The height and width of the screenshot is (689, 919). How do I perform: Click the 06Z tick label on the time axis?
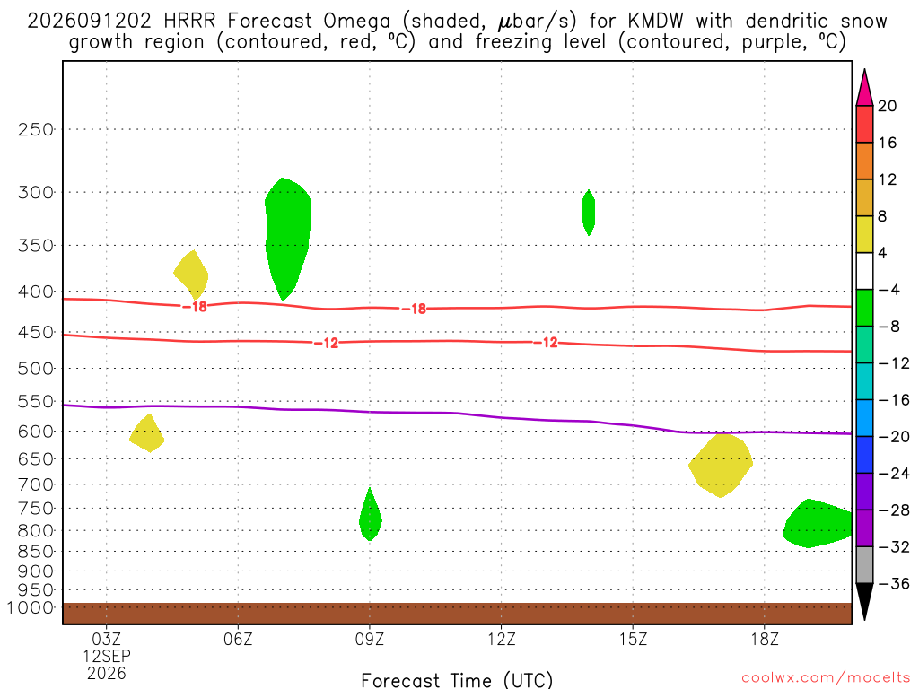pyautogui.click(x=238, y=639)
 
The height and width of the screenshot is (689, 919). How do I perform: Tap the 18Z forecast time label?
pyautogui.click(x=765, y=639)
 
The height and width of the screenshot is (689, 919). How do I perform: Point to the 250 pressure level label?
pyautogui.click(x=36, y=129)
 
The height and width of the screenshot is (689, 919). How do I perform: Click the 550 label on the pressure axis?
pyautogui.click(x=36, y=401)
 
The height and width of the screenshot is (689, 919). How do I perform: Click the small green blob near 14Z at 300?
pyautogui.click(x=589, y=212)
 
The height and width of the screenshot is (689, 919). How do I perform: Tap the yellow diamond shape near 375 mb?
pyautogui.click(x=192, y=275)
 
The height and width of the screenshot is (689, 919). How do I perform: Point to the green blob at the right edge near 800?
pyautogui.click(x=817, y=524)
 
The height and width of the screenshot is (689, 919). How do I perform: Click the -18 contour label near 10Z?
pyautogui.click(x=415, y=309)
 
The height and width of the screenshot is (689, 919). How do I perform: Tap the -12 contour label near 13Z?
pyautogui.click(x=547, y=343)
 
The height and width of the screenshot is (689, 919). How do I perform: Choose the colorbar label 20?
pyautogui.click(x=888, y=106)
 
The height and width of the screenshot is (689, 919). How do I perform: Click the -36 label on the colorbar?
pyautogui.click(x=894, y=583)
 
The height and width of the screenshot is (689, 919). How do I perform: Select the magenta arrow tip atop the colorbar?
pyautogui.click(x=864, y=70)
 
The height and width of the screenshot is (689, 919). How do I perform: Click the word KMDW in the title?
pyautogui.click(x=655, y=22)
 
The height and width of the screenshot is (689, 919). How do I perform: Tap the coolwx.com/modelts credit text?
pyautogui.click(x=826, y=677)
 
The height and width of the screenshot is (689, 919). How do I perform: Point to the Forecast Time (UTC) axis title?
pyautogui.click(x=457, y=680)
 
